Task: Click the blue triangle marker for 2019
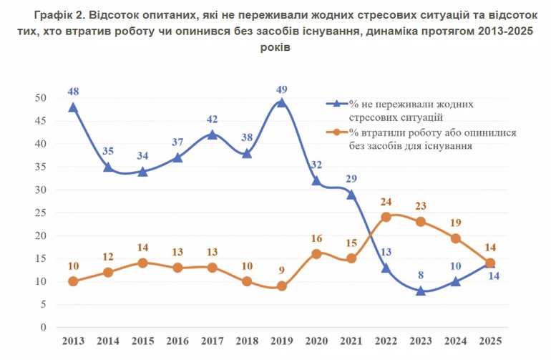tap(281, 102)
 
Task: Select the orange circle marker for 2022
tap(386, 217)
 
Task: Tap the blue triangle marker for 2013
tap(73, 107)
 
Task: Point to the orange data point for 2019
tap(281, 286)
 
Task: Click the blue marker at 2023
tap(421, 291)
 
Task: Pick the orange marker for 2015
tap(142, 263)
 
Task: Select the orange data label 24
tap(386, 203)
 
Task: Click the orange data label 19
tap(455, 223)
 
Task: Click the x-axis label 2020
tap(316, 341)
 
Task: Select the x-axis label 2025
tap(490, 341)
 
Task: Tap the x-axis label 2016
tap(177, 341)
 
